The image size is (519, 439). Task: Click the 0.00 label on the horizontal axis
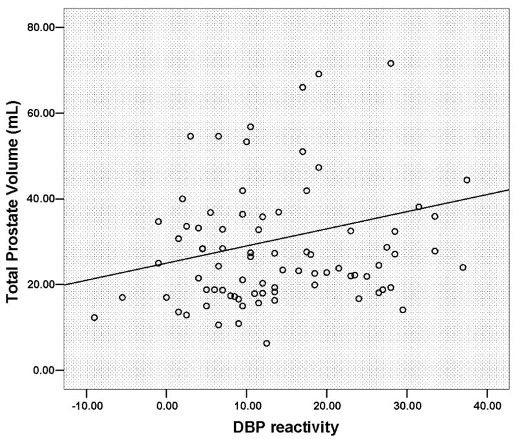(x=167, y=405)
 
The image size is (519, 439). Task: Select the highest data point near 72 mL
(x=391, y=64)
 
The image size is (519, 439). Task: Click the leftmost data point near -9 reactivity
(x=94, y=318)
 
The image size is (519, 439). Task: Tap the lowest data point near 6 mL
(x=267, y=343)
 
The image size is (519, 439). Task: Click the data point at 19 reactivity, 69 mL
(x=319, y=74)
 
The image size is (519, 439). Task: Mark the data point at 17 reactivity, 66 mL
(x=302, y=88)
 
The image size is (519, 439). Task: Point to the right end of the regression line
(x=509, y=189)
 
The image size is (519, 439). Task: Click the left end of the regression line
(x=66, y=284)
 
